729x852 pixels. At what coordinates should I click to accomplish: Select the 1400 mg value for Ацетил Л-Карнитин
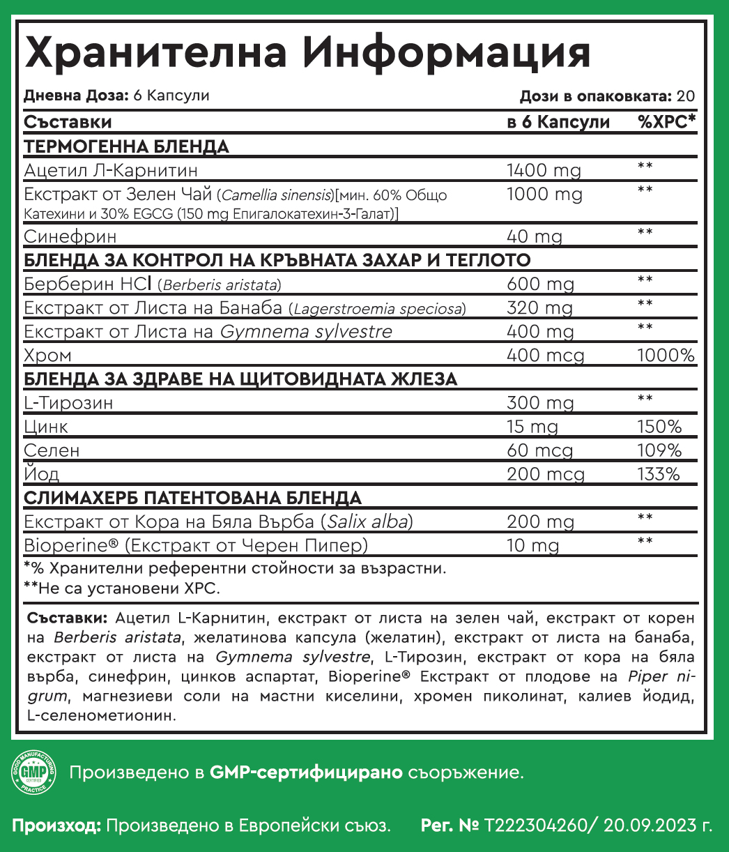pos(543,170)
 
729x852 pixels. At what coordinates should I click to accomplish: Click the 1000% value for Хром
pos(666,356)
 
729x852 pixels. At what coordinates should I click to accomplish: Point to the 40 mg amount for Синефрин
pos(534,237)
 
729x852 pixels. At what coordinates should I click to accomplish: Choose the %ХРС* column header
pos(666,123)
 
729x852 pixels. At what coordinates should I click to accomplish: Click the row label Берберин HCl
pos(89,284)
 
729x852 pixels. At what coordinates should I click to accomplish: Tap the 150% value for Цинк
pos(659,427)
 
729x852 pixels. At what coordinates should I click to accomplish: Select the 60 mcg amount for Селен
pos(540,450)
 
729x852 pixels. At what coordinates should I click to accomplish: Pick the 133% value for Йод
pos(659,474)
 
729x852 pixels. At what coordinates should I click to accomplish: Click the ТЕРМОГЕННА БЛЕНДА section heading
pos(126,146)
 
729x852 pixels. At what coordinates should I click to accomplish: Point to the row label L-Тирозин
pos(68,403)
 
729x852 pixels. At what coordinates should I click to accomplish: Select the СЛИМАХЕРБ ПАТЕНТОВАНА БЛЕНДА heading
pos(192,499)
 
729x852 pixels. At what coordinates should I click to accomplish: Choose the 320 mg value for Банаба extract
pos(539,308)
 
